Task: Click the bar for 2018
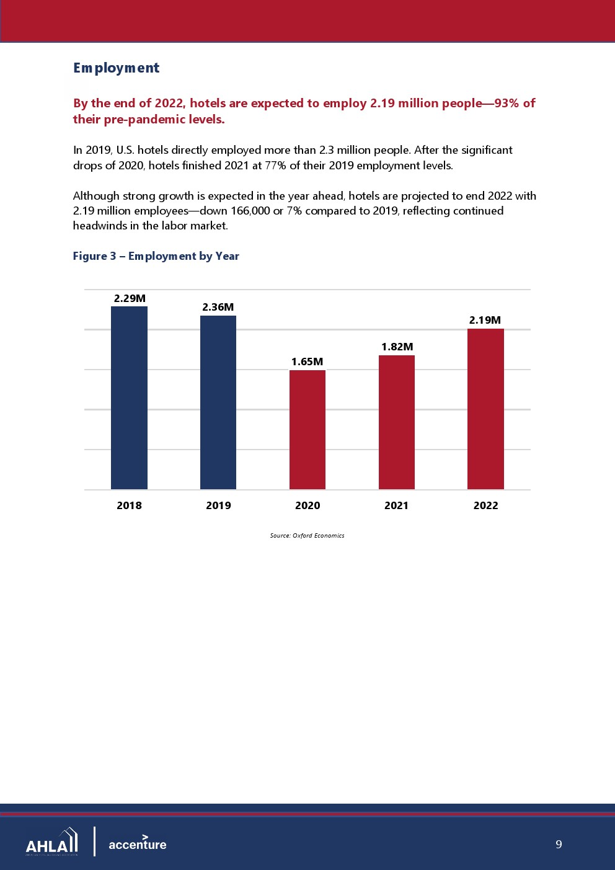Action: (130, 397)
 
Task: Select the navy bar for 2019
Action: (218, 402)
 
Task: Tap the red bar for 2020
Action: (307, 430)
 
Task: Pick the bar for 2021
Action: (397, 422)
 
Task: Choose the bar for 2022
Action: (485, 409)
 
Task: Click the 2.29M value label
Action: (130, 298)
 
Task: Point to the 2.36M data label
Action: (218, 307)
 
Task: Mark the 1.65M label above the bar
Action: (307, 362)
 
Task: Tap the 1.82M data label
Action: (397, 347)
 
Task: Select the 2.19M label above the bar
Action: (485, 320)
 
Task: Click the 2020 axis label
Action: (307, 505)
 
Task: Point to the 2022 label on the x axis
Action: (485, 505)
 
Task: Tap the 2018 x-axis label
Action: (130, 505)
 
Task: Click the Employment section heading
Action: (116, 68)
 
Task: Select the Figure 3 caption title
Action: (156, 256)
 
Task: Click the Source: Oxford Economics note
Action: (307, 536)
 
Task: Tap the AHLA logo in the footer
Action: (51, 841)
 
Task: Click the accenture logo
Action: (138, 843)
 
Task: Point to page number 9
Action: (559, 845)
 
